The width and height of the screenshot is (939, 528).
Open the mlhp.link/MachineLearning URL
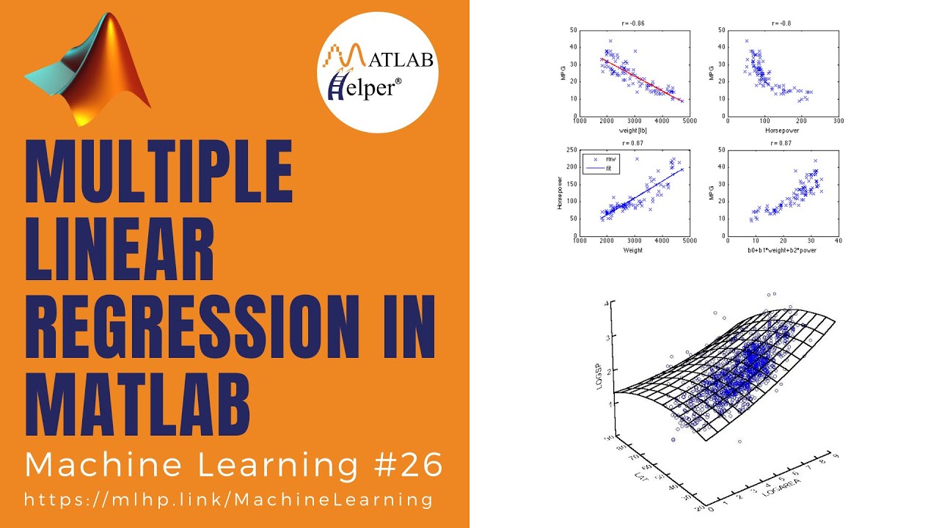pos(228,499)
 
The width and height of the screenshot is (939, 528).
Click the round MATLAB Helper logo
pos(378,72)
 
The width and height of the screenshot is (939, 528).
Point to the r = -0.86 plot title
pos(634,24)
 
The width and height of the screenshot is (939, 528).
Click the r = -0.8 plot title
pos(783,24)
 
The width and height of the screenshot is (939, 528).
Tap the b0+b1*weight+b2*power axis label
pos(783,250)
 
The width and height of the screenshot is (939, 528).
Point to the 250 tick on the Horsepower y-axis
pos(571,150)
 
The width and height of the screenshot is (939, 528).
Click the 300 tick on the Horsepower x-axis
pos(838,122)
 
